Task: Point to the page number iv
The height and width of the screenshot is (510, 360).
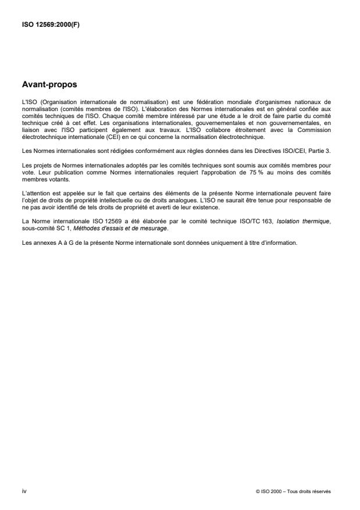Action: [24, 491]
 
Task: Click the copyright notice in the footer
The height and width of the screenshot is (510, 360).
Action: [293, 491]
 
